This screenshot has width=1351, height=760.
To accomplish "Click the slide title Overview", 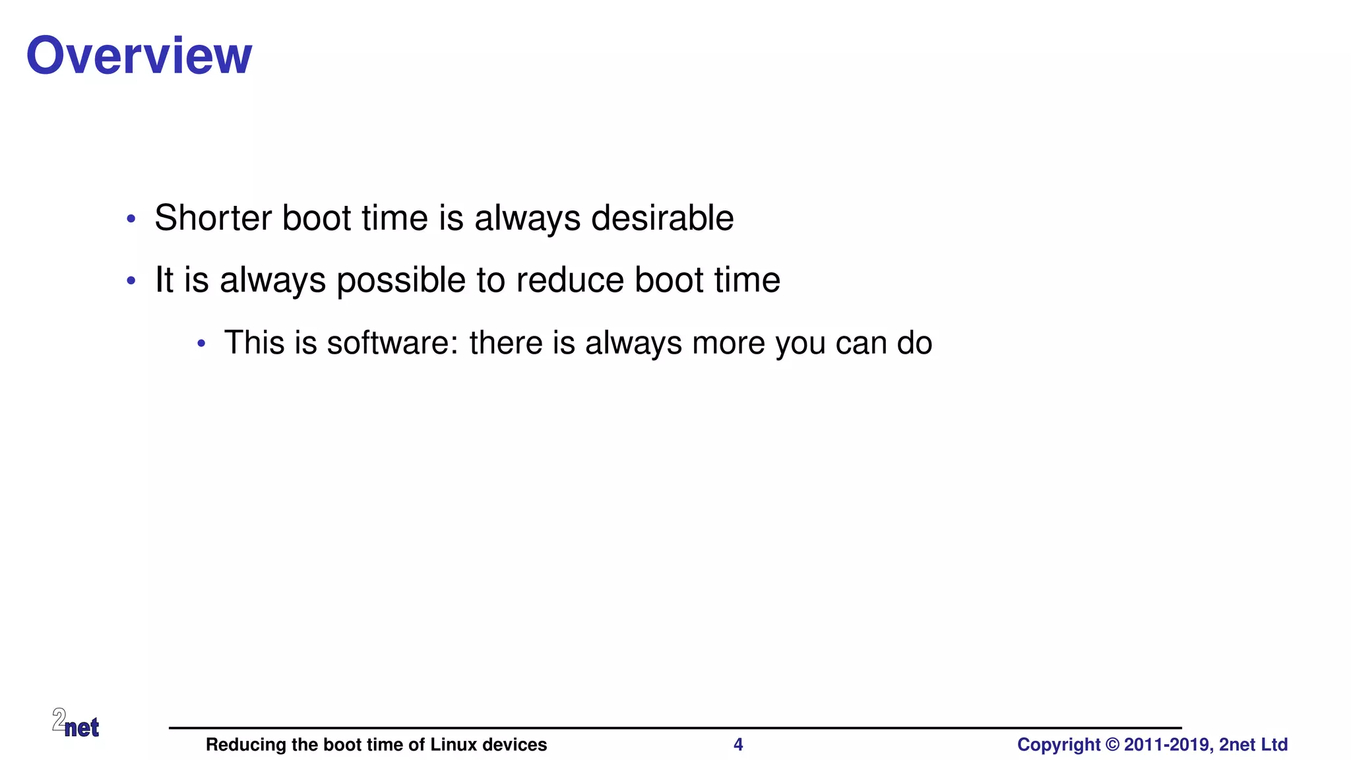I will [x=139, y=55].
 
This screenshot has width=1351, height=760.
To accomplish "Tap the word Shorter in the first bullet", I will [x=212, y=218].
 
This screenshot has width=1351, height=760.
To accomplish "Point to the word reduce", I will [x=570, y=280].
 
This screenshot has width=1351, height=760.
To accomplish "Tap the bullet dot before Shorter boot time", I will [x=131, y=218].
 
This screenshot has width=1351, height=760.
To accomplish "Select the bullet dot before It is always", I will [x=131, y=281].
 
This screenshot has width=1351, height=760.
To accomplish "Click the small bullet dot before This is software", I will [x=202, y=343].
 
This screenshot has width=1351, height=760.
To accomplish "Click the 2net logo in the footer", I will [x=76, y=723].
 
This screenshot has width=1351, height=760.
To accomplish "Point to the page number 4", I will [x=738, y=745].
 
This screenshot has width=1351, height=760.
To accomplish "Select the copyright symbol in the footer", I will [x=1112, y=745].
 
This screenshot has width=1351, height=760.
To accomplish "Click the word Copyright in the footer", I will [x=1059, y=745].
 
